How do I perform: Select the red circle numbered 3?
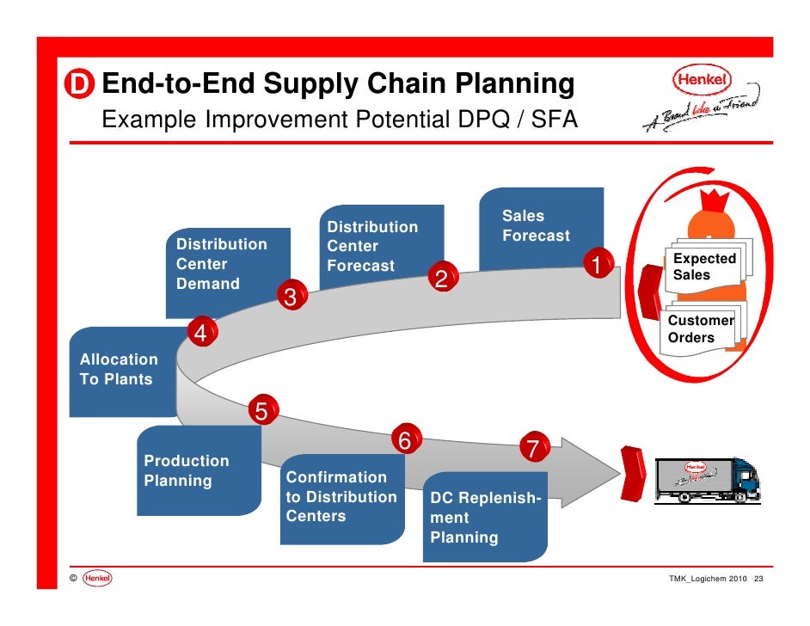coord(290,298)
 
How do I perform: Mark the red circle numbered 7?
coord(532,448)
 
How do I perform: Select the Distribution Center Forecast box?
coord(378,245)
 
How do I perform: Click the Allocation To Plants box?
coord(120,371)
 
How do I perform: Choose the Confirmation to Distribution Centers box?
coord(342,497)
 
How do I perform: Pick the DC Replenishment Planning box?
coord(484,519)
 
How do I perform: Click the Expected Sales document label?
coord(703,267)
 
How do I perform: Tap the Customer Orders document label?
coord(701,328)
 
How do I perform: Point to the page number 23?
coord(758,580)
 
